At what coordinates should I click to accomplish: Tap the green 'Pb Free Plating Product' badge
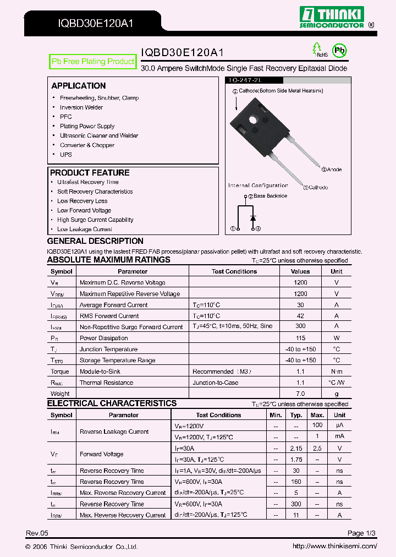click(92, 62)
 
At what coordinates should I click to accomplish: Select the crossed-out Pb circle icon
click(341, 50)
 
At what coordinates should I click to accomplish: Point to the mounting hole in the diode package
click(254, 119)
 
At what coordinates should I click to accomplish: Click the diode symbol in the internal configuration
click(253, 218)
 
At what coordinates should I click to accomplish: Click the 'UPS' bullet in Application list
click(66, 155)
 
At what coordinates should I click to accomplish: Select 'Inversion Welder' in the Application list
click(81, 107)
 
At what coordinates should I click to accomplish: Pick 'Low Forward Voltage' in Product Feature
click(84, 210)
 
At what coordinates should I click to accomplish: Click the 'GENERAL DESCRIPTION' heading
click(95, 241)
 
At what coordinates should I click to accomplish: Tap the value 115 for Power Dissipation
click(300, 338)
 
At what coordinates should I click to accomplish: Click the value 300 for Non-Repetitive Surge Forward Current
click(300, 326)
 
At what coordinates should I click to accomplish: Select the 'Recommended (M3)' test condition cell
click(222, 372)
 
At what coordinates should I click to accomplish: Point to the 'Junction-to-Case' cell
click(216, 383)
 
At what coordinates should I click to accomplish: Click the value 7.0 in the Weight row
click(300, 394)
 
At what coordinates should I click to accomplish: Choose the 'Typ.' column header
click(296, 415)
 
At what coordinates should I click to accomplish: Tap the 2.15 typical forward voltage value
click(296, 449)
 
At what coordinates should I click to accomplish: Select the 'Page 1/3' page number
click(362, 533)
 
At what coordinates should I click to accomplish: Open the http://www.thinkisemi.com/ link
click(334, 546)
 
